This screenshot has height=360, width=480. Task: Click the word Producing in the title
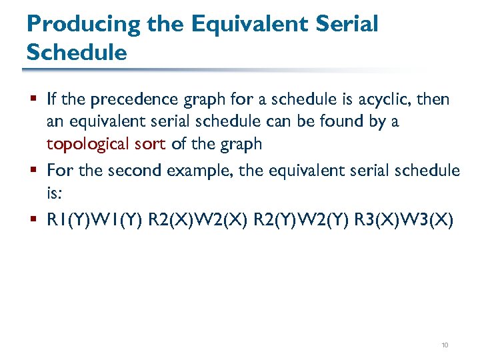click(x=83, y=24)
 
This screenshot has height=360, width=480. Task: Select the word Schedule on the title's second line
click(x=77, y=52)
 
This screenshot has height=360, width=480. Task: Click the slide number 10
click(x=445, y=345)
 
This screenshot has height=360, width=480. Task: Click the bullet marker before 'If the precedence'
click(x=33, y=100)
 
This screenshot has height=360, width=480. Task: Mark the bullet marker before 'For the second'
click(x=33, y=171)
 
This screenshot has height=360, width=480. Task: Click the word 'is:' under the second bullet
click(x=55, y=192)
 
